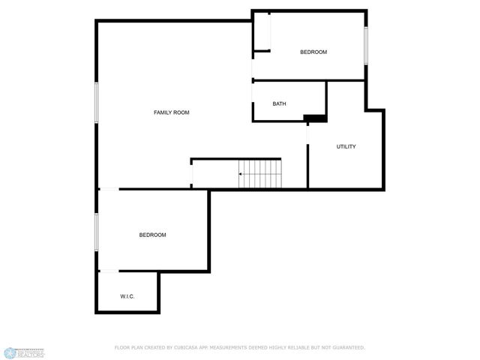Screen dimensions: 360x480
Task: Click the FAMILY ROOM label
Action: pyautogui.click(x=171, y=112)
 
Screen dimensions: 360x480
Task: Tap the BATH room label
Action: pyautogui.click(x=279, y=104)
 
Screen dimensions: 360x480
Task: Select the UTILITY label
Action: pyautogui.click(x=346, y=146)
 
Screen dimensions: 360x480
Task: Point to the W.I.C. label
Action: pyautogui.click(x=127, y=297)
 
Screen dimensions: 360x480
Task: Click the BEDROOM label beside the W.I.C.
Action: pyautogui.click(x=152, y=235)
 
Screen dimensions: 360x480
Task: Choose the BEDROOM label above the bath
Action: pyautogui.click(x=313, y=52)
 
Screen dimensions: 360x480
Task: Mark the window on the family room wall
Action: pyautogui.click(x=96, y=101)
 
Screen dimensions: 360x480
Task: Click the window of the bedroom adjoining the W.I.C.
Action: pyautogui.click(x=96, y=230)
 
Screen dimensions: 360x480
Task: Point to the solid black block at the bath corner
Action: pyautogui.click(x=315, y=118)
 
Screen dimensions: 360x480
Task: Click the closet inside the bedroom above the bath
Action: pyautogui.click(x=262, y=31)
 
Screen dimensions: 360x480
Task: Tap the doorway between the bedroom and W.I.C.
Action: pyautogui.click(x=109, y=271)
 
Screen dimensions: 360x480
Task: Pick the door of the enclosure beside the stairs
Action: pyautogui.click(x=192, y=174)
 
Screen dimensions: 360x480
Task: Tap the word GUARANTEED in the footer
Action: pyautogui.click(x=347, y=347)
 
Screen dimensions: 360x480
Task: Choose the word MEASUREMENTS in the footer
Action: pyautogui.click(x=230, y=347)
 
